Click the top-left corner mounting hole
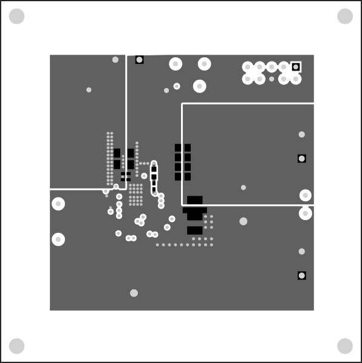17,16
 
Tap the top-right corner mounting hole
345,16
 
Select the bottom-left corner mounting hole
17,346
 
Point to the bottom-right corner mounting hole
345,346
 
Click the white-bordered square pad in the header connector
296,67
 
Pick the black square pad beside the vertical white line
140,60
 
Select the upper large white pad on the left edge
58,204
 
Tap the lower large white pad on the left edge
58,240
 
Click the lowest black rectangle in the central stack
195,230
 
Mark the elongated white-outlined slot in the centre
154,178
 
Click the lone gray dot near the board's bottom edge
134,293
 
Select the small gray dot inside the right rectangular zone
244,188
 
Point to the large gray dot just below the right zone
244,221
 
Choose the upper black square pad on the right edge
302,159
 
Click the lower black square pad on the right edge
302,275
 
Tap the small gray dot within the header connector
271,78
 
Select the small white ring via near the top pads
177,86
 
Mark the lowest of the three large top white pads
200,86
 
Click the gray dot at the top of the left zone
115,60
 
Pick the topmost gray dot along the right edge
302,134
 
